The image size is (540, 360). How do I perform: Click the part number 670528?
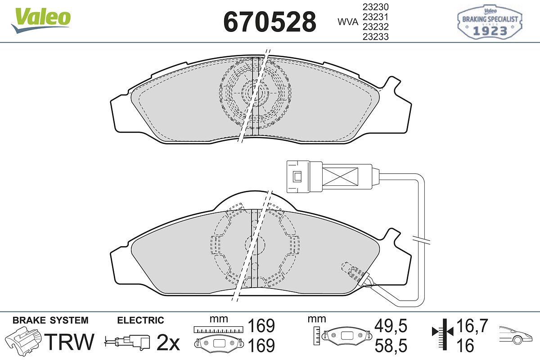pyautogui.click(x=270, y=22)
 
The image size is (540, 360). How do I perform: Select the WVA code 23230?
pyautogui.click(x=376, y=7)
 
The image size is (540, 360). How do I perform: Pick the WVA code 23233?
pyautogui.click(x=376, y=36)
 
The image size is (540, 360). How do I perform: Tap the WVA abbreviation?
pyautogui.click(x=348, y=22)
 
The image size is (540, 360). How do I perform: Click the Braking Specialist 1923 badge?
pyautogui.click(x=490, y=22)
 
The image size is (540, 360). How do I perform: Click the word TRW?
pyautogui.click(x=69, y=342)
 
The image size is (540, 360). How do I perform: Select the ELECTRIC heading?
pyautogui.click(x=140, y=320)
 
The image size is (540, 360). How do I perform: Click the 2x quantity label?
pyautogui.click(x=168, y=342)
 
